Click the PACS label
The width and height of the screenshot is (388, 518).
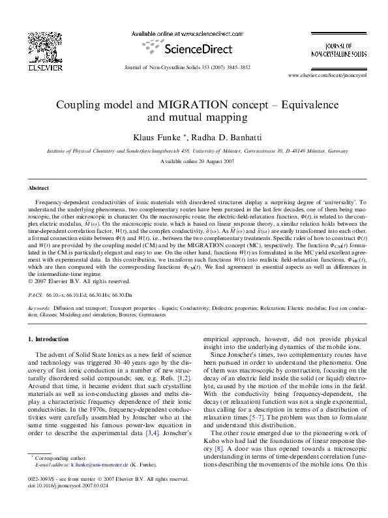[x=36, y=295]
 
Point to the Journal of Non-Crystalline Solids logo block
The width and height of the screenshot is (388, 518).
[x=338, y=48]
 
